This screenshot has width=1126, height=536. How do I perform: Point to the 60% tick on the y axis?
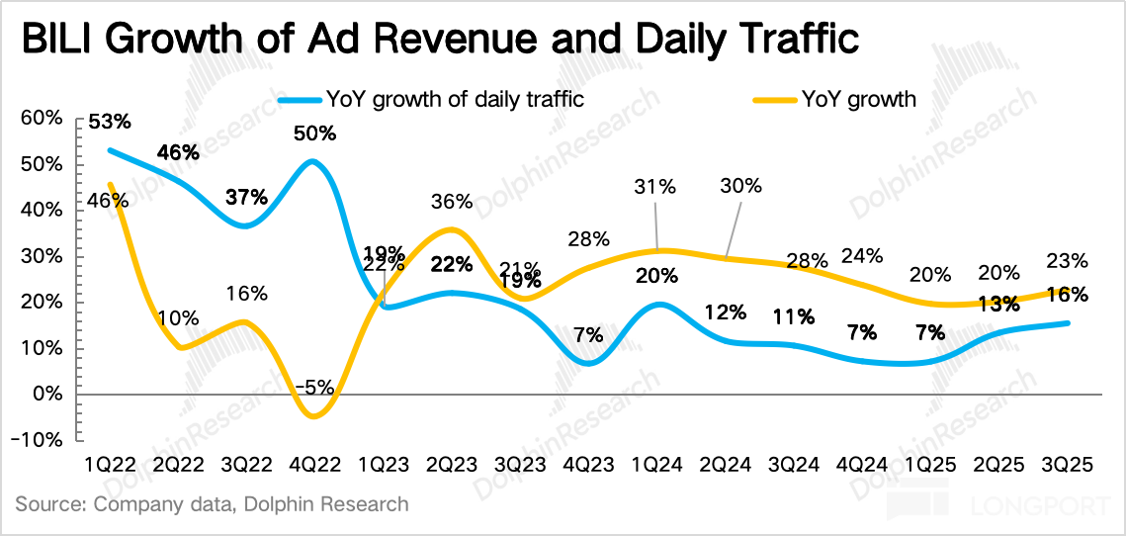(41, 118)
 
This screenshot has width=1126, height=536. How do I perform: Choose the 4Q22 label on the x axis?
(314, 464)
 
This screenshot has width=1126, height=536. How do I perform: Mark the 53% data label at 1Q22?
(109, 123)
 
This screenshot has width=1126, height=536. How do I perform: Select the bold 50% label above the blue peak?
(314, 133)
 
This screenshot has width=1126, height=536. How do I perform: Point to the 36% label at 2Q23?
(451, 202)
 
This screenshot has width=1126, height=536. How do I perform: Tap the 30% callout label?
(741, 186)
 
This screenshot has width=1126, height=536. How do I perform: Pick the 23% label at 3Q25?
(1067, 262)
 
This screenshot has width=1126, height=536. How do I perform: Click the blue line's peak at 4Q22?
(313, 160)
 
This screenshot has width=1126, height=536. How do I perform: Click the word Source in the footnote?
(49, 504)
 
